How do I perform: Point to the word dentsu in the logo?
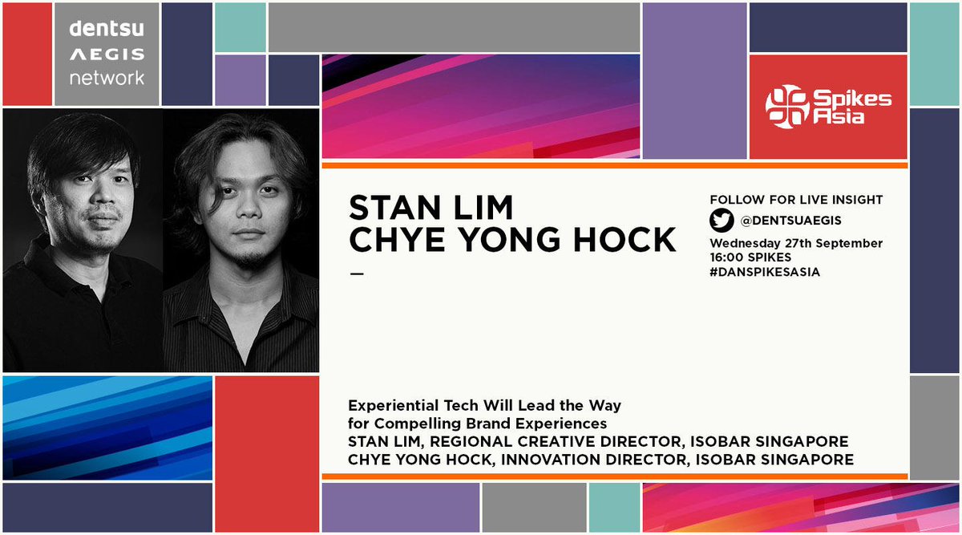[107, 30]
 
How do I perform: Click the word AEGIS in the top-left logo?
[107, 55]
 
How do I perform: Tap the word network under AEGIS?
[107, 78]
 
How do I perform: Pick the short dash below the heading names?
[357, 274]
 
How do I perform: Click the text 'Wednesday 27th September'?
[796, 243]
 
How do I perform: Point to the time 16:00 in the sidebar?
[727, 258]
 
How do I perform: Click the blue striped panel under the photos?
[107, 427]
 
